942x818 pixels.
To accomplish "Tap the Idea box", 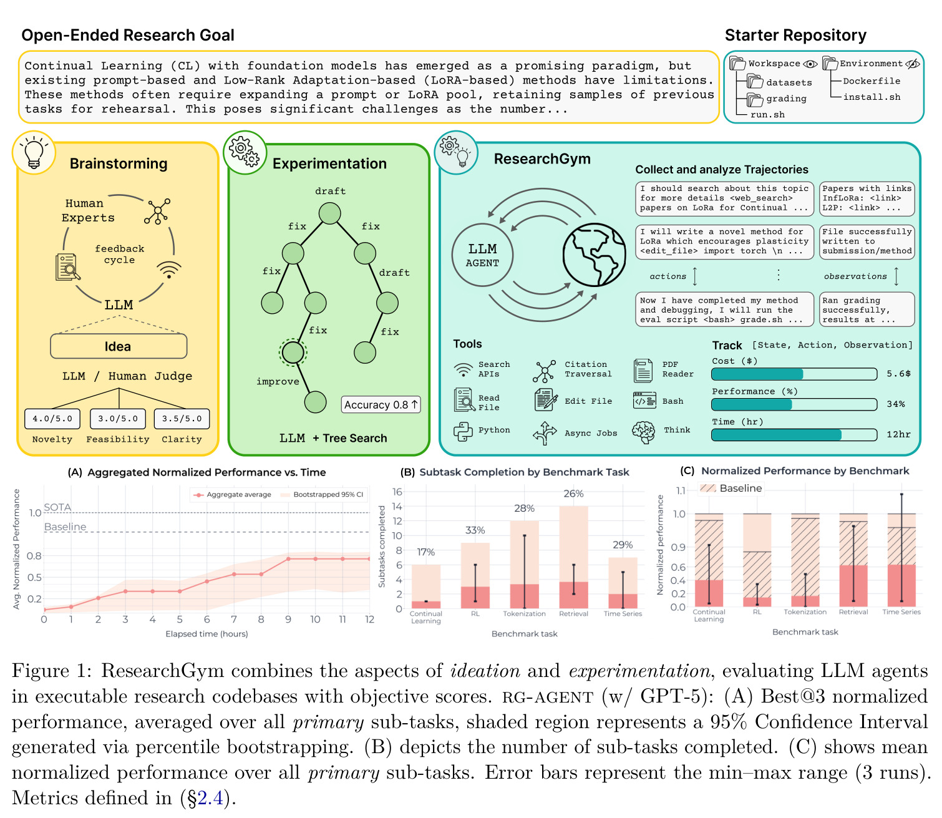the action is coord(119,346).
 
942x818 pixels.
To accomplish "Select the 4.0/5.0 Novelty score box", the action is coord(52,419).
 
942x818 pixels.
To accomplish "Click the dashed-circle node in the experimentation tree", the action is coord(293,353).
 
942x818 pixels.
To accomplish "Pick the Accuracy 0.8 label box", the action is coord(381,404).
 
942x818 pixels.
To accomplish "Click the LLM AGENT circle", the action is coord(482,255).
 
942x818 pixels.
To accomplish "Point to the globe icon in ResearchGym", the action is coord(594,255).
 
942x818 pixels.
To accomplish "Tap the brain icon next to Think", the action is coord(643,432).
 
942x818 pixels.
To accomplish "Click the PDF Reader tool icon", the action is coord(643,370).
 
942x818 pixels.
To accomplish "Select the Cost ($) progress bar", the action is coord(794,374).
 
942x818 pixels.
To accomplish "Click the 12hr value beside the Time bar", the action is coord(898,434).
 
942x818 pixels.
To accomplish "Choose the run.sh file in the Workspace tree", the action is coord(767,114).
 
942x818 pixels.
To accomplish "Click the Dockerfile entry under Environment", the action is coord(871,80).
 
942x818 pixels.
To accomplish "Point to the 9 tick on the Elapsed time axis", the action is coord(288,619).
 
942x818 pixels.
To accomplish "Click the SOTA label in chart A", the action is coord(57,507).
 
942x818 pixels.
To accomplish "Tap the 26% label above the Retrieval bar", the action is coord(573,494).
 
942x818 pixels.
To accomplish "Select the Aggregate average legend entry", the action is coord(232,494).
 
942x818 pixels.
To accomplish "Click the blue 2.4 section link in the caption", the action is coord(210,798).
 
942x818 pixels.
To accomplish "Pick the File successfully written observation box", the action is coord(867,241).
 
